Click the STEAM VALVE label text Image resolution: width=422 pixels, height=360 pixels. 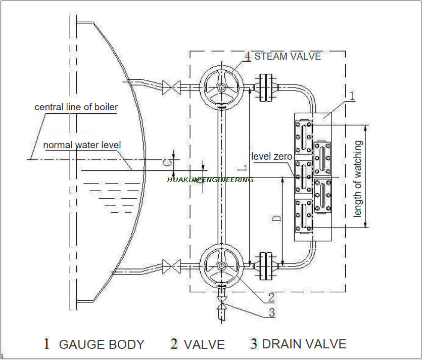point(288,56)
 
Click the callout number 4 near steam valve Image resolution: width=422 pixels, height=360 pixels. point(247,56)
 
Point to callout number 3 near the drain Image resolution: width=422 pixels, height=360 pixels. point(271,312)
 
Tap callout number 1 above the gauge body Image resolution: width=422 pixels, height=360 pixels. point(352,95)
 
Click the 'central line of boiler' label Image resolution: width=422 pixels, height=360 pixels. point(76,107)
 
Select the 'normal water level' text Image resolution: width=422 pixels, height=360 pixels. point(82,145)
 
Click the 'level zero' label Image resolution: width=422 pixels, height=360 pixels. point(271,157)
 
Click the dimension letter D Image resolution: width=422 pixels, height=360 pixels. point(276,219)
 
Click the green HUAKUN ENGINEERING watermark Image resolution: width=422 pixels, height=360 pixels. point(210,179)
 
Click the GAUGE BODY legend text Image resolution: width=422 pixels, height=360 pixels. point(102,345)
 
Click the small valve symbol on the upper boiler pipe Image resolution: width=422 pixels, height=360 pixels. point(171,87)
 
